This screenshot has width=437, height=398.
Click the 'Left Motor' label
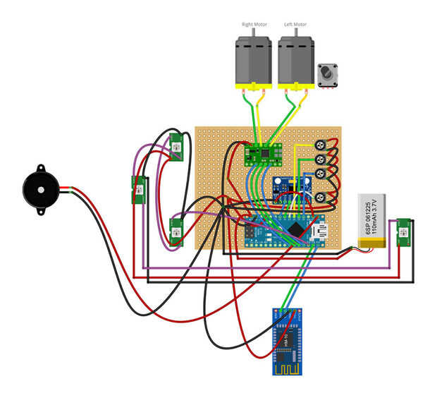coord(295,24)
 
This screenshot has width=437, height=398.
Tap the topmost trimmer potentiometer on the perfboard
coord(321,145)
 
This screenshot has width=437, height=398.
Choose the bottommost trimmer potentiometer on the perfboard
coord(321,198)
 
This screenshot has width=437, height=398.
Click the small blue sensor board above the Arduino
coord(290,187)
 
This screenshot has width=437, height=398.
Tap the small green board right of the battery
coord(403,233)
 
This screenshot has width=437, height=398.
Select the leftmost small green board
coord(138,188)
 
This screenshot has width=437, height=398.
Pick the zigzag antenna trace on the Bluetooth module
coord(289,368)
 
